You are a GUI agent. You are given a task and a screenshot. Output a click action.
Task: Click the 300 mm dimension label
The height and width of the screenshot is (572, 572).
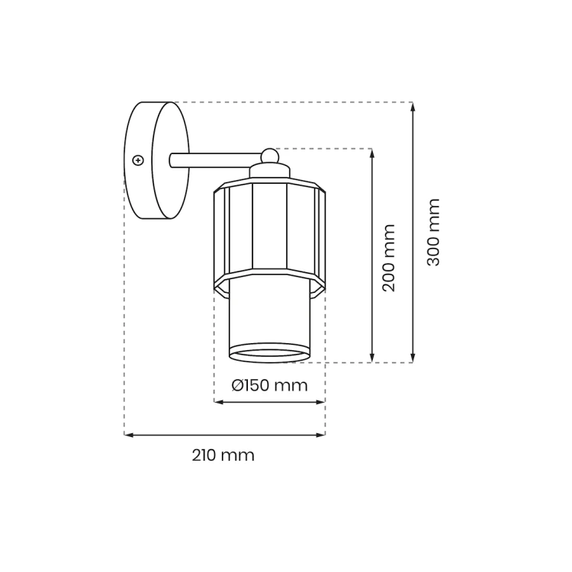(x=434, y=233)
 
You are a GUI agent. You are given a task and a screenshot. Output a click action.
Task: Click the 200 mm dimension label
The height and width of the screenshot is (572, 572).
(x=389, y=258)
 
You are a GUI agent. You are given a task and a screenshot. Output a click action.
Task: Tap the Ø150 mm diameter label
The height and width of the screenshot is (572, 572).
(x=269, y=385)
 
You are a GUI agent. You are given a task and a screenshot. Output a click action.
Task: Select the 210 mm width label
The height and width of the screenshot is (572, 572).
(x=223, y=455)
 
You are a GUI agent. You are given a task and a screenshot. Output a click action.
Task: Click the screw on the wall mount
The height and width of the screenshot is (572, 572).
(x=138, y=160)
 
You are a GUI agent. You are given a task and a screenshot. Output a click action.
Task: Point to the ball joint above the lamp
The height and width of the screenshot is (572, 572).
(x=270, y=156)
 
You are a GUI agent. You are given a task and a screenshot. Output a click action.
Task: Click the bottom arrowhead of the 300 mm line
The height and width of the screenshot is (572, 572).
(x=413, y=358)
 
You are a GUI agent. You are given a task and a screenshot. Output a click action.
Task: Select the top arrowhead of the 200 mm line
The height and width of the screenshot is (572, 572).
(x=372, y=153)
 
